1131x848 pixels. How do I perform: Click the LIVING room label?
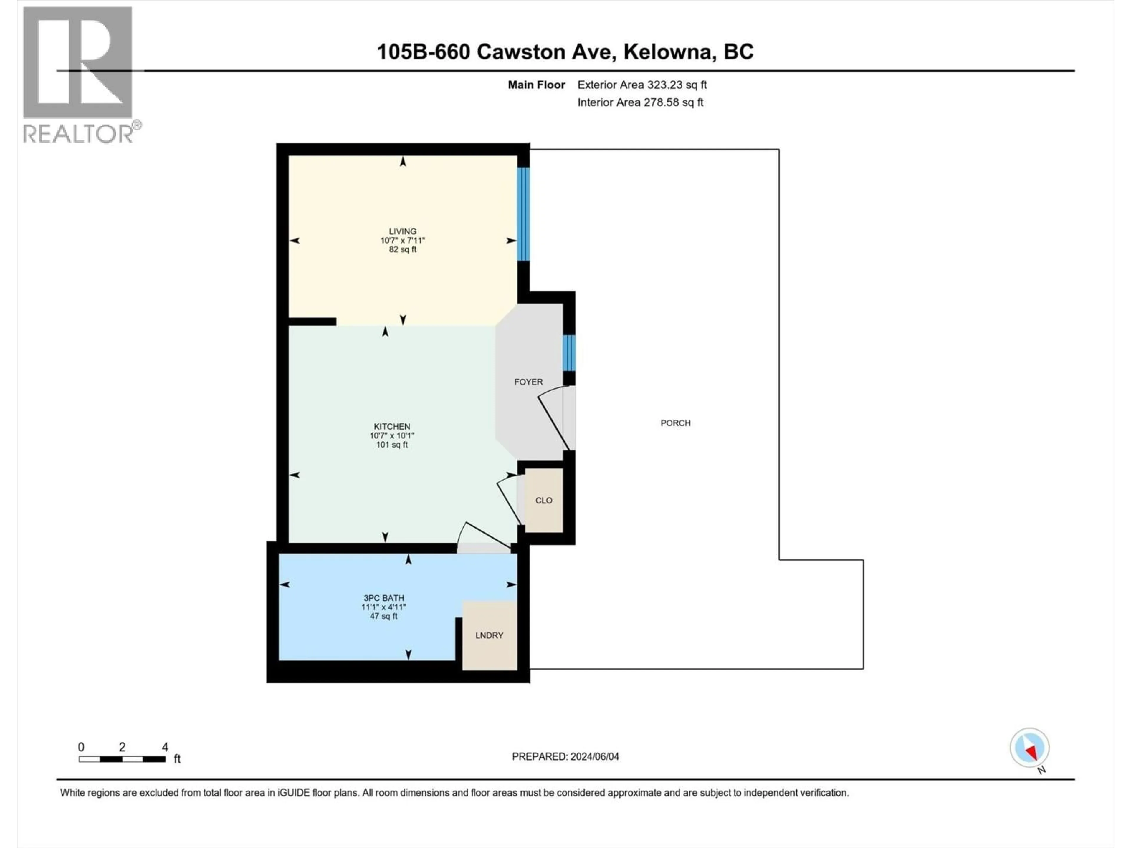402,231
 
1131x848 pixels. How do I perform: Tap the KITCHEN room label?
392,426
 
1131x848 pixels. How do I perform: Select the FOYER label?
528,382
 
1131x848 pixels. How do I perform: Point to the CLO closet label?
543,501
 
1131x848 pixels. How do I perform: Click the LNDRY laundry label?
489,635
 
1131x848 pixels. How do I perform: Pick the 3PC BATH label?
383,597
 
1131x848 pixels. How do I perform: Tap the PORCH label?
675,423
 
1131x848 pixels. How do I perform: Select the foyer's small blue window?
568,353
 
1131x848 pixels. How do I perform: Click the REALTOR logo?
79,74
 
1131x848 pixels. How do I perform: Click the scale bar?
122,759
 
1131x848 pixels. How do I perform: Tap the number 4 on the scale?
165,747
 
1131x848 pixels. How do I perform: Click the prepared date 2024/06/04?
595,756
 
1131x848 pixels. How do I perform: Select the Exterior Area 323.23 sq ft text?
642,85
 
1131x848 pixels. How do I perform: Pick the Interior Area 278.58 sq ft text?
640,102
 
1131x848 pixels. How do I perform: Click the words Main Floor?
536,85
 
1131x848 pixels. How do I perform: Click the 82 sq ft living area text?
402,249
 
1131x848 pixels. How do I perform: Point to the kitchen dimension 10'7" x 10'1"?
392,435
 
